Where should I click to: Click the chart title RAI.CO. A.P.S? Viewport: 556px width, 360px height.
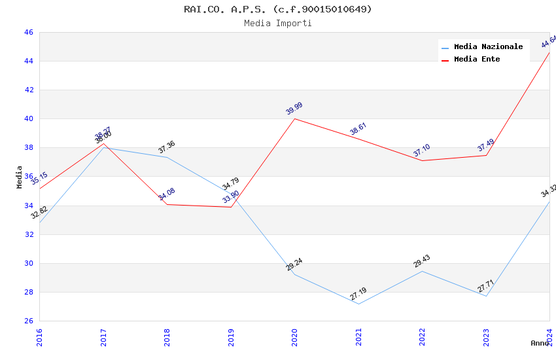[x=277, y=9]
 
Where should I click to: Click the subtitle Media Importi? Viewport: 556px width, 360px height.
[x=277, y=24]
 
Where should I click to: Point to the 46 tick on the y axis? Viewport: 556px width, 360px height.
[x=28, y=33]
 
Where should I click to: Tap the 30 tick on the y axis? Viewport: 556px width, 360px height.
[x=28, y=263]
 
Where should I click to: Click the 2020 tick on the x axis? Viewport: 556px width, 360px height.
[x=294, y=337]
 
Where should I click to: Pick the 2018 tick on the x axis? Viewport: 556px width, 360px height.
[x=167, y=337]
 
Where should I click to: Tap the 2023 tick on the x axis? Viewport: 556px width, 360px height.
[x=486, y=337]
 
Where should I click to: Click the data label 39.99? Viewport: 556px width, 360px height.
[x=294, y=109]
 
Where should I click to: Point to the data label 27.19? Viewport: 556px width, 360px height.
[x=358, y=294]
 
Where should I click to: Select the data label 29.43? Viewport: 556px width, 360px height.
[x=421, y=261]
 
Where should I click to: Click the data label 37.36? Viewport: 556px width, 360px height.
[x=167, y=147]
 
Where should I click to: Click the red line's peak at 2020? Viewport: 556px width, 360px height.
[x=294, y=118]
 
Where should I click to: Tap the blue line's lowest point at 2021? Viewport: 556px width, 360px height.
[x=358, y=304]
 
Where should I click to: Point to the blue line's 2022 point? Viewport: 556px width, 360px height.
[x=422, y=271]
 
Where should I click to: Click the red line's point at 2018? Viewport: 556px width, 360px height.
[x=167, y=204]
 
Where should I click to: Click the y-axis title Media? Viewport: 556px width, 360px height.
[x=20, y=177]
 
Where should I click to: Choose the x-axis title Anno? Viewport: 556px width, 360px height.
[x=540, y=343]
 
